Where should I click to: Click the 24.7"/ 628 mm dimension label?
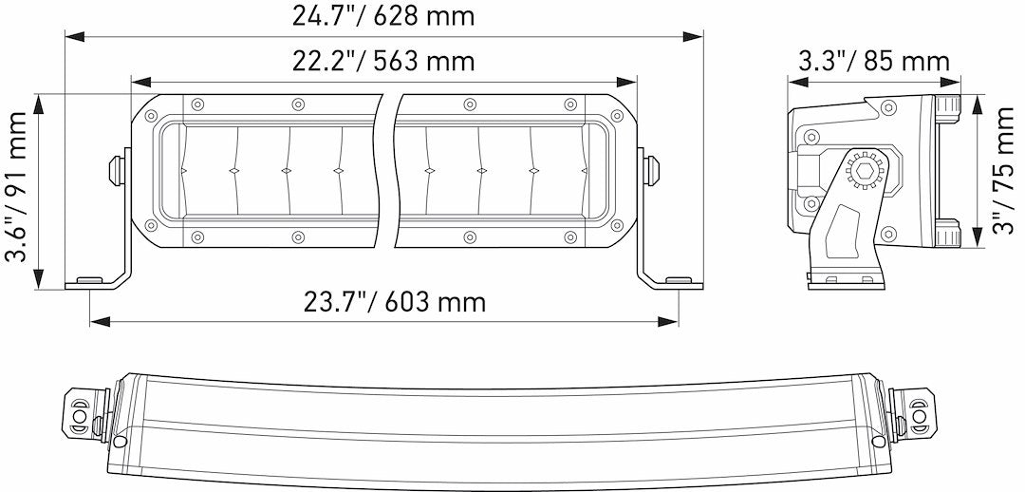click(x=383, y=16)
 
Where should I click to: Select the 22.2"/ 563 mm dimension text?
click(x=383, y=62)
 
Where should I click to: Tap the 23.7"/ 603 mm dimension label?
click(x=395, y=302)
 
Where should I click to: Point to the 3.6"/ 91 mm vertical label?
click(x=17, y=190)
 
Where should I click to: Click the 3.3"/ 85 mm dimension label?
click(x=873, y=62)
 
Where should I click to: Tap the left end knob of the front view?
click(x=115, y=170)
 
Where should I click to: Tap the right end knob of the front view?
click(x=653, y=170)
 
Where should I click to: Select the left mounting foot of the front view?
click(x=90, y=282)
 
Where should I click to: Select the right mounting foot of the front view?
click(x=678, y=282)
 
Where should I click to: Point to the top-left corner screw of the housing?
click(x=150, y=115)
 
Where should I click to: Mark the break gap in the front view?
click(x=389, y=171)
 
